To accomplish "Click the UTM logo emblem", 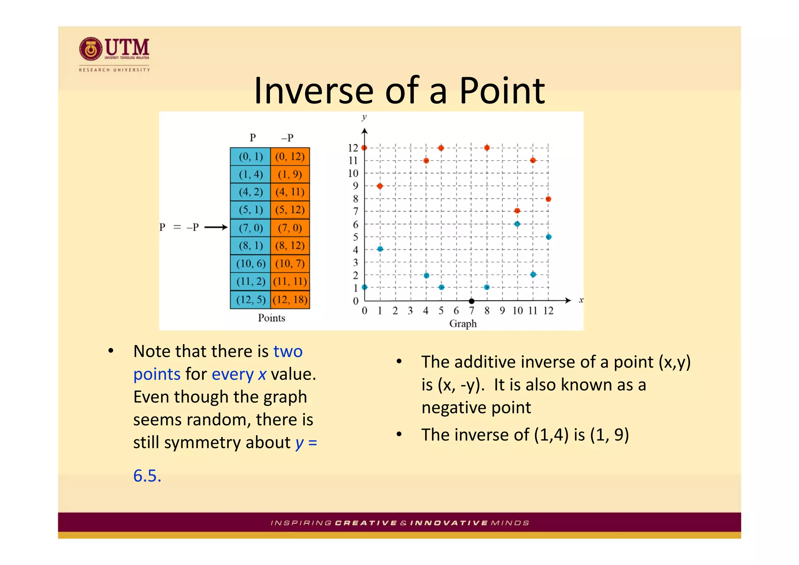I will (91, 49).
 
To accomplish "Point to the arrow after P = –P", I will (216, 227).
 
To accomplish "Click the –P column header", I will (287, 138).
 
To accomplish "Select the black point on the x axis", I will (471, 301).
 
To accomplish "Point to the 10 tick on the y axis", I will (353, 173).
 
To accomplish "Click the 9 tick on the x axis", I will (502, 311).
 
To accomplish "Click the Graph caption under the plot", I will (463, 324).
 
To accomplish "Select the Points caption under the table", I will (271, 318).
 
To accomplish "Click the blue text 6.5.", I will (147, 476).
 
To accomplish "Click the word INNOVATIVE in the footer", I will (449, 523).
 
